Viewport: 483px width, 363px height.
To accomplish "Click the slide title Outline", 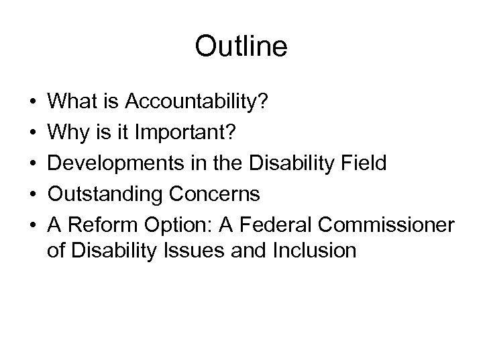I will click(x=241, y=46).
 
